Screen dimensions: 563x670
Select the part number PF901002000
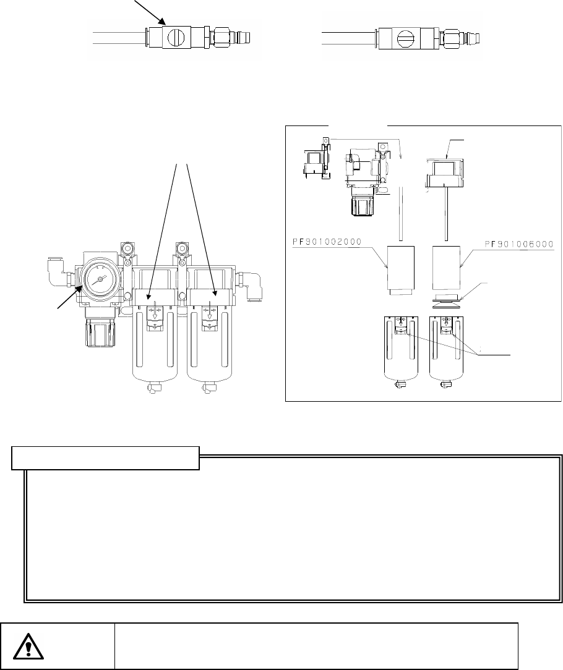327,242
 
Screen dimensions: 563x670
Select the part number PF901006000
519,244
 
